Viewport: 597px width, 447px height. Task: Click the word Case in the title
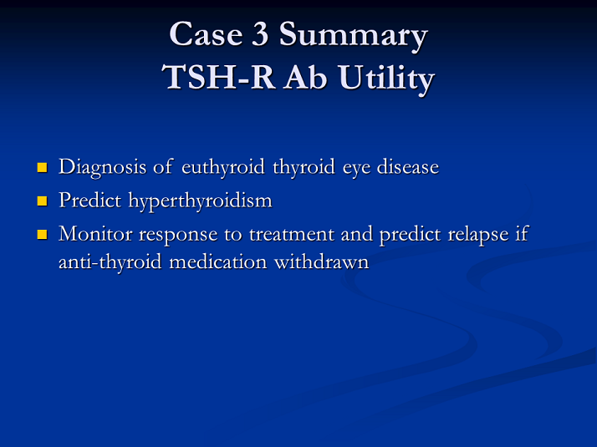click(x=206, y=34)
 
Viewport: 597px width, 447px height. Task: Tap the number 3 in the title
click(x=260, y=34)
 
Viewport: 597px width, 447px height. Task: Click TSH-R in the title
click(x=217, y=77)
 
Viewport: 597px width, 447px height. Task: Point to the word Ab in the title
click(x=304, y=77)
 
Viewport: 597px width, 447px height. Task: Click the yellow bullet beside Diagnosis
click(x=42, y=167)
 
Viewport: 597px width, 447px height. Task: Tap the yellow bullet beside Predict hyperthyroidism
click(x=42, y=201)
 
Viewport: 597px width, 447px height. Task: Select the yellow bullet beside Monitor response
click(x=42, y=234)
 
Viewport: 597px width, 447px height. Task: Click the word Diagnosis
click(x=102, y=168)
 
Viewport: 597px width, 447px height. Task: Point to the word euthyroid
click(x=222, y=168)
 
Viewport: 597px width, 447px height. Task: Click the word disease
click(x=408, y=167)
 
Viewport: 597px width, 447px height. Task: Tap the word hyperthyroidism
click(x=201, y=201)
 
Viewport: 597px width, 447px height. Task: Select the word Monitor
click(x=95, y=234)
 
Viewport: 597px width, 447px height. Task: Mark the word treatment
click(x=292, y=234)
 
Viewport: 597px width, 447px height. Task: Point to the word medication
click(x=217, y=262)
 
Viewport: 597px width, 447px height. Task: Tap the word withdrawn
click(x=321, y=262)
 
